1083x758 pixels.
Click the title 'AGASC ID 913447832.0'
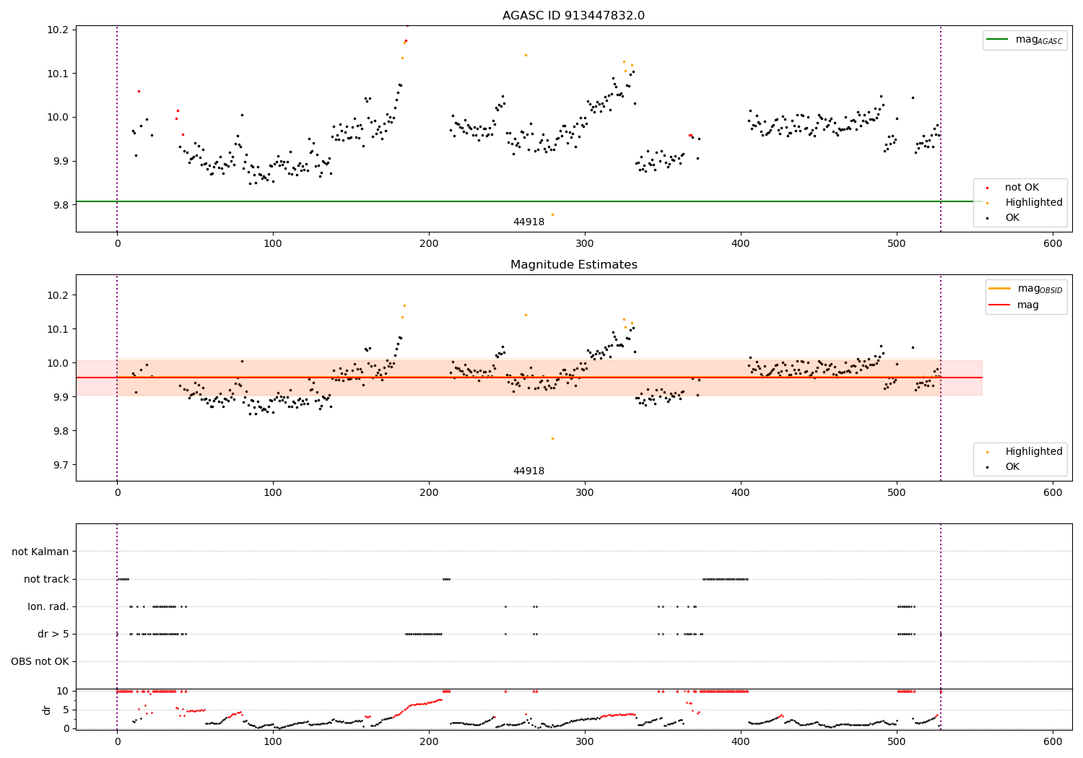tap(573, 16)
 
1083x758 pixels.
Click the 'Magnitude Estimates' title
tap(573, 265)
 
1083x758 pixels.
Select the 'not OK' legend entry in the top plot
tap(1021, 188)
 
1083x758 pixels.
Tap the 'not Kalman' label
tap(40, 552)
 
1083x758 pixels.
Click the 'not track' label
tap(46, 579)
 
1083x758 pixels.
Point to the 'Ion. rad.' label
tap(48, 606)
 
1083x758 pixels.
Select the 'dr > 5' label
tap(53, 634)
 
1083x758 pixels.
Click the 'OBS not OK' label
tap(40, 661)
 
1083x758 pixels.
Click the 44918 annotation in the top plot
tap(529, 222)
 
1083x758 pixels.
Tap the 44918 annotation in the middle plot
tap(529, 471)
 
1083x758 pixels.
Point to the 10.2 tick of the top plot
tap(58, 30)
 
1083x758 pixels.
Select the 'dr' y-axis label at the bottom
tap(47, 710)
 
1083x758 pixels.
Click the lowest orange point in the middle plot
tap(552, 438)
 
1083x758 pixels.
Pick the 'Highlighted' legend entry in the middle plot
tap(1033, 451)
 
